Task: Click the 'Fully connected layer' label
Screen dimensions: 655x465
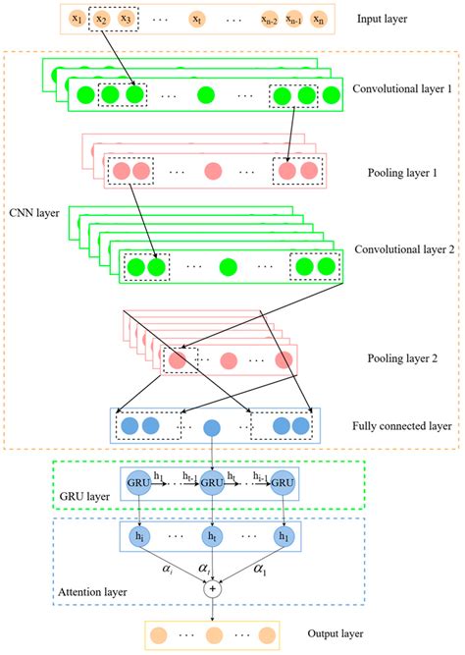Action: pos(400,426)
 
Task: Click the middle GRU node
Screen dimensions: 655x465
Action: pos(211,483)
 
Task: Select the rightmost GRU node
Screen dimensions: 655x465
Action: pos(283,483)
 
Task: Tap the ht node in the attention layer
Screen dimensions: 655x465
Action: pos(211,536)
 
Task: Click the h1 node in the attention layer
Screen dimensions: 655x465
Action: pos(283,536)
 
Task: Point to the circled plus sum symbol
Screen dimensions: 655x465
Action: pos(211,589)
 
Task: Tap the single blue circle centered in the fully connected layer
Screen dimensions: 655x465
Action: pos(211,426)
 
